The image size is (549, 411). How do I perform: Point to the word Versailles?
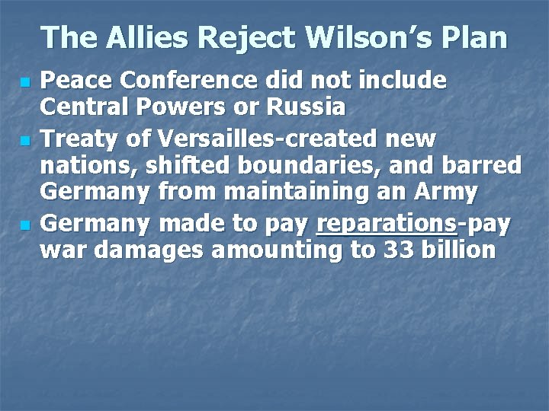click(x=199, y=140)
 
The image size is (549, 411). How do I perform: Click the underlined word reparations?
click(x=386, y=225)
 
